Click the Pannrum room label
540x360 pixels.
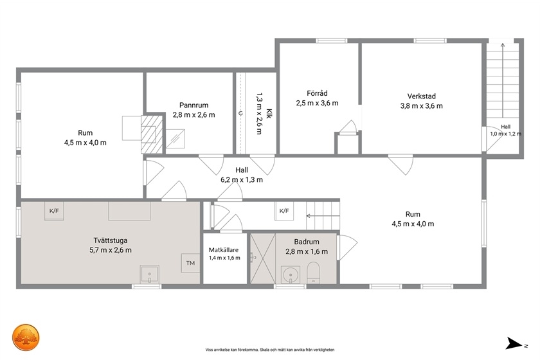(x=194, y=105)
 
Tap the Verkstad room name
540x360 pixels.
(x=422, y=96)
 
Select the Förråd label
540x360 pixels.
(x=317, y=93)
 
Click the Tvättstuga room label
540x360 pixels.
(x=111, y=240)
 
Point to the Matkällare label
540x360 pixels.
(x=224, y=250)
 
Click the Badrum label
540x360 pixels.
(x=307, y=242)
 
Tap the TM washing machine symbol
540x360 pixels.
(x=190, y=263)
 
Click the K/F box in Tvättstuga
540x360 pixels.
(x=54, y=211)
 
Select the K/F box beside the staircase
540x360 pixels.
(x=284, y=211)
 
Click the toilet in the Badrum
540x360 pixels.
(x=313, y=272)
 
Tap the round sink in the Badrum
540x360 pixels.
(x=291, y=275)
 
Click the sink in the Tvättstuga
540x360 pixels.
(x=149, y=274)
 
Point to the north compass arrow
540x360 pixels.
(x=514, y=343)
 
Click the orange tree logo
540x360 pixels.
(x=26, y=337)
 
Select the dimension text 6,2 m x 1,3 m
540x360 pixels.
(x=242, y=180)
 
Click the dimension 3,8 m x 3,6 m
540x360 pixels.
(x=422, y=106)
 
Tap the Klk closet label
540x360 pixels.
(x=269, y=114)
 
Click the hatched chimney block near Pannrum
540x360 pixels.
(x=152, y=134)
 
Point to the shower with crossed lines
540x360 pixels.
(x=262, y=258)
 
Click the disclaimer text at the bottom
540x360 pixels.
(x=270, y=350)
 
